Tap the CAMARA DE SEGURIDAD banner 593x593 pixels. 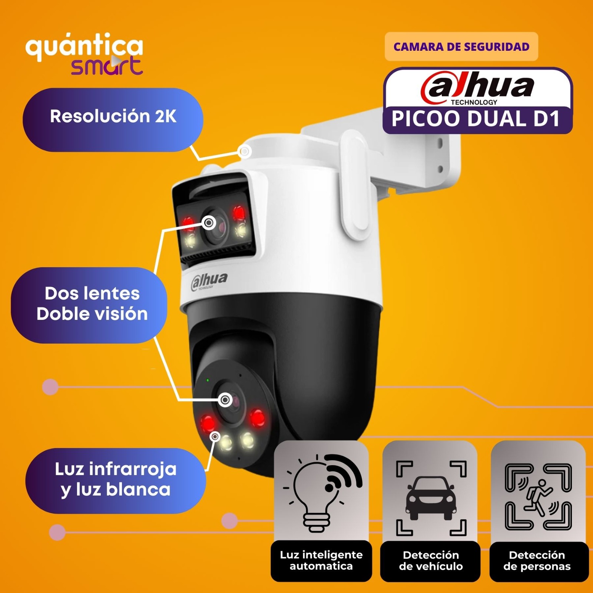(x=461, y=47)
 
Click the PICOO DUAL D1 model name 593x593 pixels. (x=476, y=119)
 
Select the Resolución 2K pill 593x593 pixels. (x=113, y=120)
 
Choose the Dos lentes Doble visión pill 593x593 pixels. (x=89, y=305)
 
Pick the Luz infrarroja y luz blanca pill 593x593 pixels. (x=116, y=480)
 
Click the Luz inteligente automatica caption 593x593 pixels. (x=321, y=560)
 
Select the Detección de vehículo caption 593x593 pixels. (x=431, y=561)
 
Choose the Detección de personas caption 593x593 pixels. (x=537, y=561)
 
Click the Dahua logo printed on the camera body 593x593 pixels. (x=209, y=281)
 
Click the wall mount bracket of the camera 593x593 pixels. (x=408, y=156)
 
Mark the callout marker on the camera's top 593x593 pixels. (x=245, y=151)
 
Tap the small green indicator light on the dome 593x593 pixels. (x=208, y=380)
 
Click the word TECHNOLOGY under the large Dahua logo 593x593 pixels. (x=474, y=102)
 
